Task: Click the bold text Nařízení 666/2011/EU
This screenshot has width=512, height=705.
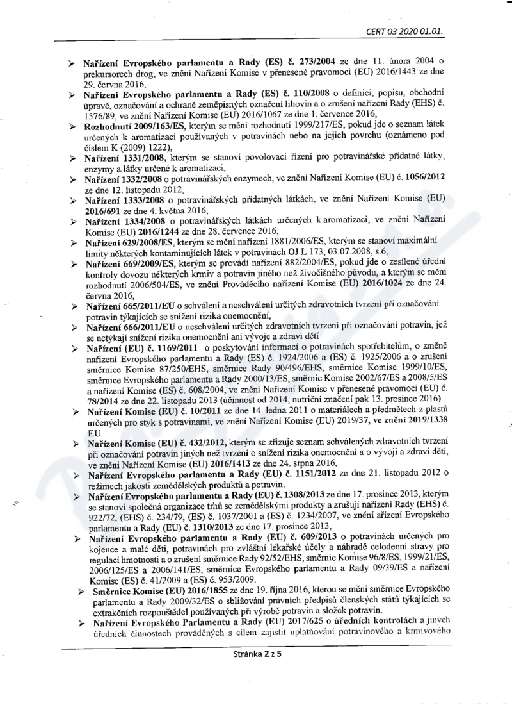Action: pyautogui.click(x=132, y=327)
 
